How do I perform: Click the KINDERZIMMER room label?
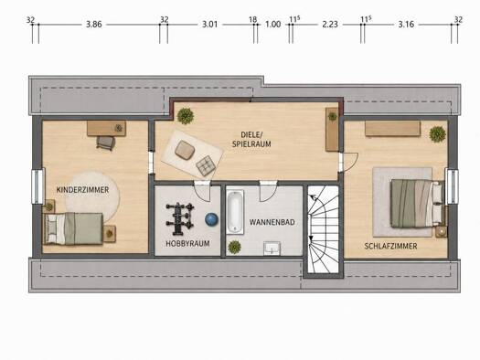coord(82,190)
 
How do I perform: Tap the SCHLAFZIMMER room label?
coord(390,246)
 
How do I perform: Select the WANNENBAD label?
coord(272,222)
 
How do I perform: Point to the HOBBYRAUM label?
coord(187,243)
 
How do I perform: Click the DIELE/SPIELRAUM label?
coord(251,139)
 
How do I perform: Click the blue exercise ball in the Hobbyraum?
coord(211,219)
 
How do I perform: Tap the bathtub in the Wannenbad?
coord(235,212)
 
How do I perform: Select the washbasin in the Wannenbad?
coord(272,248)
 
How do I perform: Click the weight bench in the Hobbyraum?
coord(180,219)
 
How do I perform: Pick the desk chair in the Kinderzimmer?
coord(106,143)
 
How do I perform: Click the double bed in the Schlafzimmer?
coord(418,204)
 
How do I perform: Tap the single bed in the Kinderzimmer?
coord(73,228)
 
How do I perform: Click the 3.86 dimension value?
coord(93,24)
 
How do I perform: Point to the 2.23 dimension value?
coord(330,24)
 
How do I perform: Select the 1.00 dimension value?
coord(272,24)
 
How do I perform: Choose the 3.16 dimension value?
coord(406,24)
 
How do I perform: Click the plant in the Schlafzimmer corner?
coord(437,134)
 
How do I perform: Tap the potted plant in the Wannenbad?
coord(234,247)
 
